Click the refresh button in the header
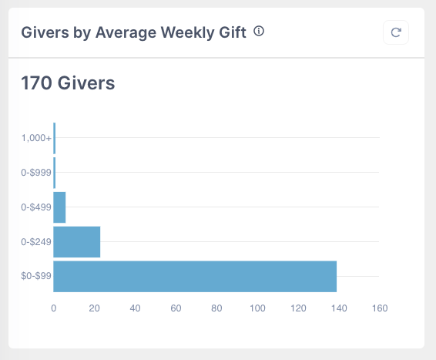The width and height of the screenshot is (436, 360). pos(396,32)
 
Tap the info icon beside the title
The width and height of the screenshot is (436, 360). pos(259,32)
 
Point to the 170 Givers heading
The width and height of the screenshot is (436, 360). pos(68,82)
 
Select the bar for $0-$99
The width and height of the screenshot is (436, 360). pos(195,276)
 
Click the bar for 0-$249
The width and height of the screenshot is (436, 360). pos(77,241)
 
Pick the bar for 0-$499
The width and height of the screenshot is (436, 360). pos(59,207)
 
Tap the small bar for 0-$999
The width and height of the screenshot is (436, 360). pos(55,173)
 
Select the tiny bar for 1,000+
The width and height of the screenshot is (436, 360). pos(55,138)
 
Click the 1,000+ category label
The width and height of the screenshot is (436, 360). pos(36,138)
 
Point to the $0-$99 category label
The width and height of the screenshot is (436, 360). pos(35,277)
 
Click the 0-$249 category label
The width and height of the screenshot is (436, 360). pos(35,242)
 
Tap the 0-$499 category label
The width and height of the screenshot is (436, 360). pos(35,207)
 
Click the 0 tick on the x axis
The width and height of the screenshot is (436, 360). pos(53,308)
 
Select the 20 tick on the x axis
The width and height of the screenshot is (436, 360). pos(94,308)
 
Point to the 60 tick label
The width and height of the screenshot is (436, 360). pos(176,308)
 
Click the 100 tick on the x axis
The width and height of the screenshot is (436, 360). pos(257,308)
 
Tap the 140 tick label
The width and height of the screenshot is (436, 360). pos(338,308)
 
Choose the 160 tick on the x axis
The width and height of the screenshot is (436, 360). pos(379,308)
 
